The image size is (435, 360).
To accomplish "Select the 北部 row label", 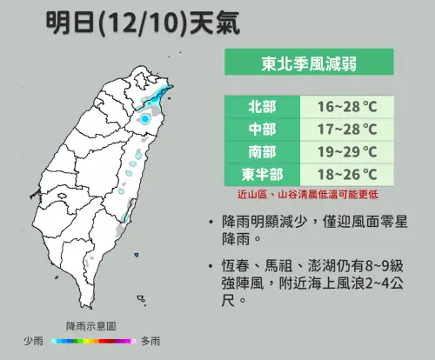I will pos(261,107).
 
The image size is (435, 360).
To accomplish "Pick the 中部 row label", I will pos(261,129).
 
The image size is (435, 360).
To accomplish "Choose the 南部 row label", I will pos(261,151).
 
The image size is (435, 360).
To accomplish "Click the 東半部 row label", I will pos(261,174).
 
